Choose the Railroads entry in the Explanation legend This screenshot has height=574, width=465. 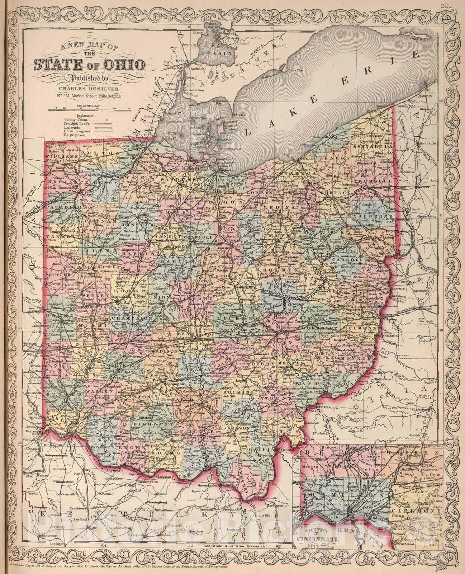pos(72,127)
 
